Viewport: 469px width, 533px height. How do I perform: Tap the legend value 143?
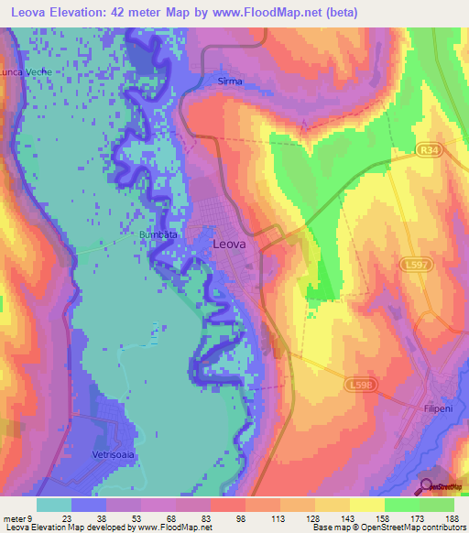tap(350, 517)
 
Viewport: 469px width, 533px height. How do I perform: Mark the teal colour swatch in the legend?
tap(54, 505)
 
